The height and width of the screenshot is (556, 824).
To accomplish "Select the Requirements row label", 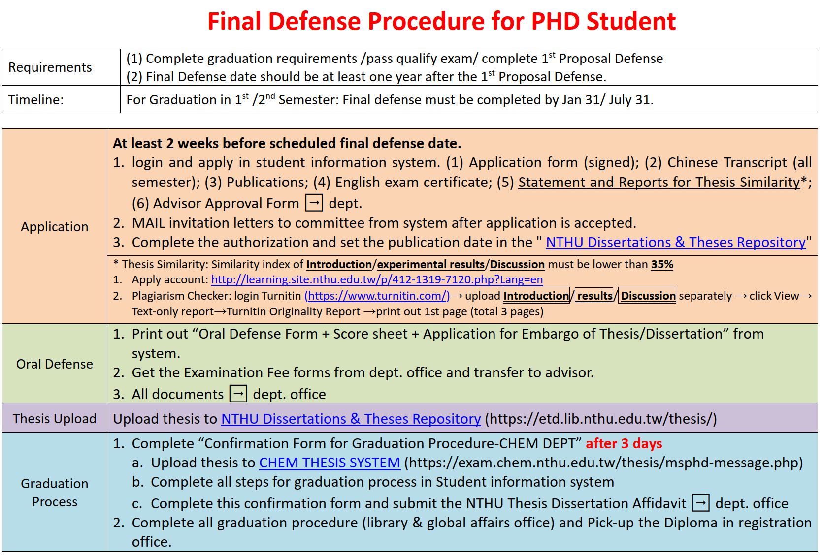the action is (50, 67).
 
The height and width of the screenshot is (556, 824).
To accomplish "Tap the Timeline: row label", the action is (36, 100).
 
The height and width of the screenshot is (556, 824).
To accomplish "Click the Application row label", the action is (55, 227).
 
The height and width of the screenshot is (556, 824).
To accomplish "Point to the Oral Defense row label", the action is (55, 364).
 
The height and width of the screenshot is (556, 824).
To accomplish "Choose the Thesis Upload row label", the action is (55, 419).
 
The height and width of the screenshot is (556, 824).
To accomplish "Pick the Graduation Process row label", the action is (55, 493).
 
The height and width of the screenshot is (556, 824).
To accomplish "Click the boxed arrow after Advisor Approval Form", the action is (314, 203).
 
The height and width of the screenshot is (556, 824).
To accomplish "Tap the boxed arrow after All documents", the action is (238, 394).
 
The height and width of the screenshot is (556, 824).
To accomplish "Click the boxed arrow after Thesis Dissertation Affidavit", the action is (700, 503).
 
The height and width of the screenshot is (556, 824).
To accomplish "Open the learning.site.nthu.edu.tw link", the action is (377, 279).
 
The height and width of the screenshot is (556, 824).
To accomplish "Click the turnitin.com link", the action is (377, 296).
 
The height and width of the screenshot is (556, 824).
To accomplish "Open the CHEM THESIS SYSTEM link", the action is (330, 463).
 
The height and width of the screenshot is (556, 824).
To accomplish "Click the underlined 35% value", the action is (662, 264).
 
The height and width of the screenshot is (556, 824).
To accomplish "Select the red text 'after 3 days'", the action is (624, 443).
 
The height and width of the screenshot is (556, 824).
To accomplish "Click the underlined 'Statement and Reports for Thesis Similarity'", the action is (659, 182).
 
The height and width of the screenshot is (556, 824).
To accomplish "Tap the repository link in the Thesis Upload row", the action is (351, 419).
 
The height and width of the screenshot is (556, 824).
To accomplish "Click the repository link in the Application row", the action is (676, 243).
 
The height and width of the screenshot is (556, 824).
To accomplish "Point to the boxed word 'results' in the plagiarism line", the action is (594, 295).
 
